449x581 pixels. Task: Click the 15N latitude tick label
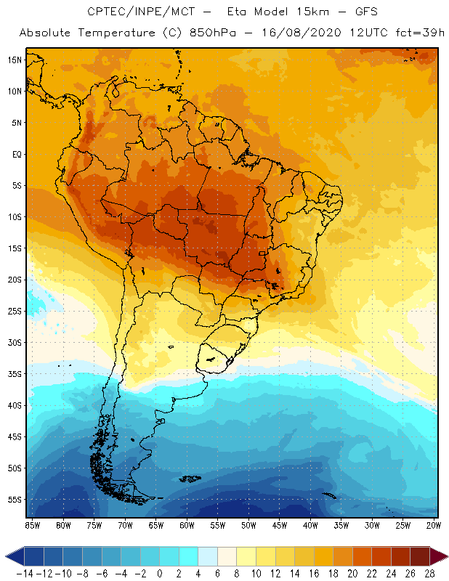coord(15,60)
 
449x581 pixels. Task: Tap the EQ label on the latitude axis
coord(15,154)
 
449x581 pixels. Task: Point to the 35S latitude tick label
coord(15,373)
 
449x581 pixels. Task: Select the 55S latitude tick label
coord(15,500)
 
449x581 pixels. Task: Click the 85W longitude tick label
coord(32,525)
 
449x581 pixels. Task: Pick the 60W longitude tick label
coord(187,525)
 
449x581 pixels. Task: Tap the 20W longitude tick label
coord(434,525)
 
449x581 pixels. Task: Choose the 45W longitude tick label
coord(280,525)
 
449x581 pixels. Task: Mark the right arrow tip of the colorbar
coord(445,556)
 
